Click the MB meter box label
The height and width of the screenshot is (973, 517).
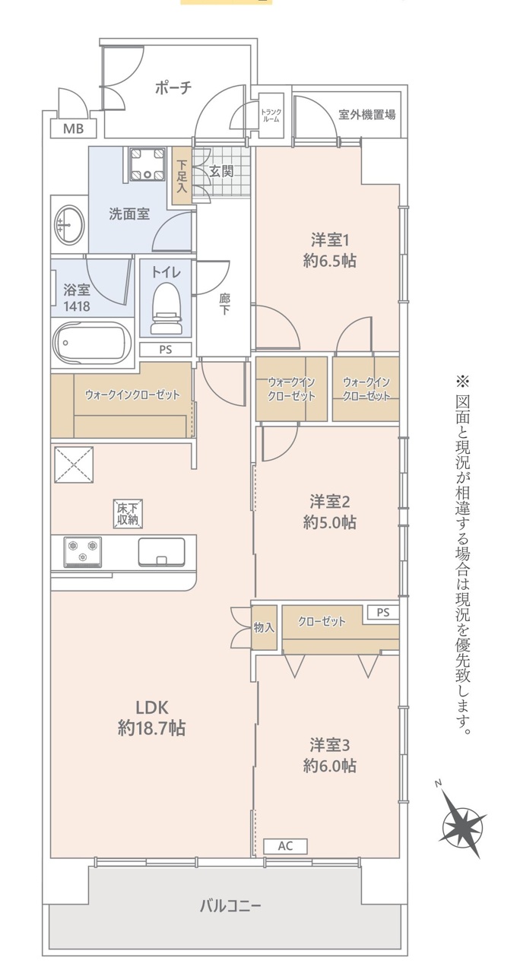pos(74,128)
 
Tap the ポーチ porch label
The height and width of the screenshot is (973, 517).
pos(173,88)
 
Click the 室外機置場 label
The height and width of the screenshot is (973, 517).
pos(367,115)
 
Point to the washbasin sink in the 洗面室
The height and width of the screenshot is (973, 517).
pos(69,224)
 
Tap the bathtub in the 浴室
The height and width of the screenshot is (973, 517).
pos(92,343)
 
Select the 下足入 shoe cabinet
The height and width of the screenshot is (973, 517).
pos(181,176)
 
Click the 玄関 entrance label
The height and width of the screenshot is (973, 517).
pos(221,171)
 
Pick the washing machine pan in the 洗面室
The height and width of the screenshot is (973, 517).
pos(148,163)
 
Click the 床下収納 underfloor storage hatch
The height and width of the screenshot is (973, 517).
pos(128,515)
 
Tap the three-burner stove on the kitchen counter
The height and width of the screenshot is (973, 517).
pos(83,552)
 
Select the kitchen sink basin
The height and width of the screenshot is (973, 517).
pos(162,552)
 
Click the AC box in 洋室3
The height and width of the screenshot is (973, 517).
pos(285,846)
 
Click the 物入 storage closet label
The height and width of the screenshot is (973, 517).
pos(264,628)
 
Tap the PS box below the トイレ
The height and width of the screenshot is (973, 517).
pos(166,350)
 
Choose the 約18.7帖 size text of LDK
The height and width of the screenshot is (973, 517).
pos(151,727)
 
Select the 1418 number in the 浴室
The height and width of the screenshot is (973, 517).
pos(77,306)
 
